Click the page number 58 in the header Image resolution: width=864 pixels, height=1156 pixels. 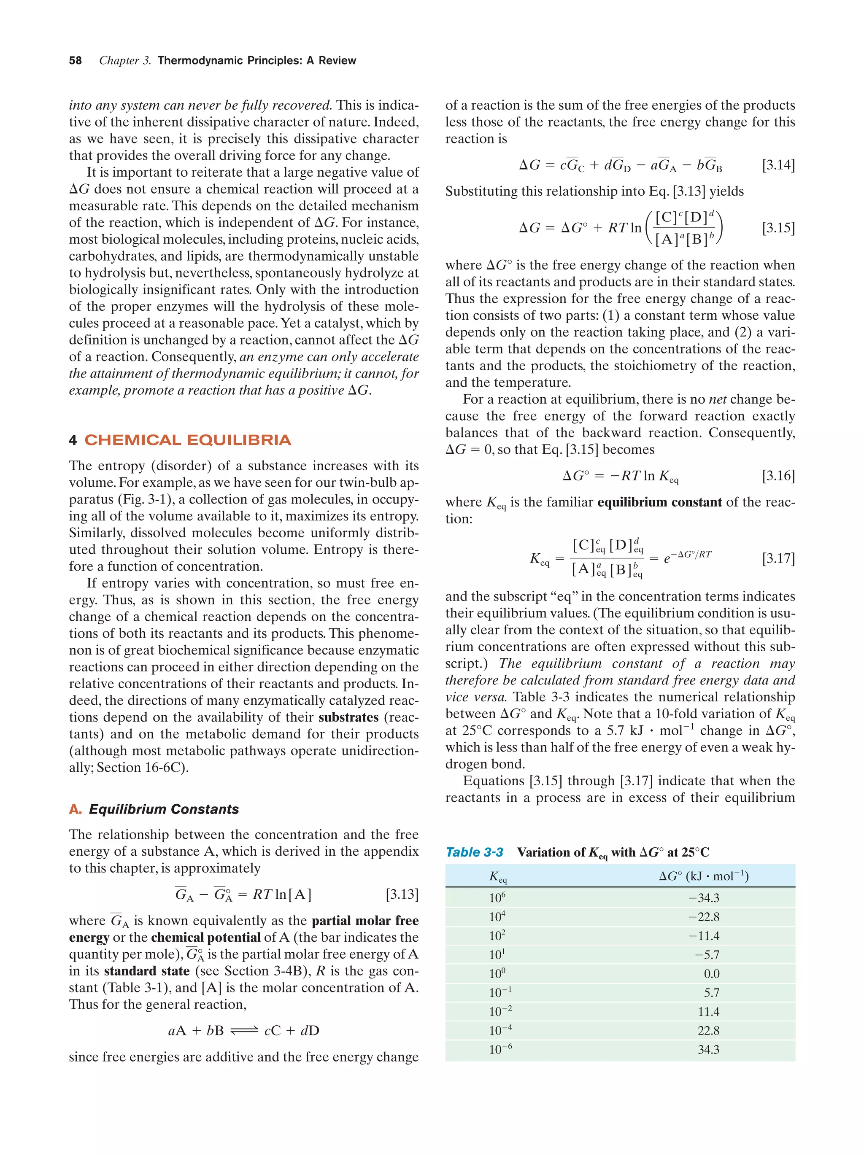pos(75,61)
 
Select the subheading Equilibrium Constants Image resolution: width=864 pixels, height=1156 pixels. pos(164,809)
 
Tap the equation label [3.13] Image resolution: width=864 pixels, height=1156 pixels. pos(402,894)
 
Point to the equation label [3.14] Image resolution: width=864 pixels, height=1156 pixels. pos(778,165)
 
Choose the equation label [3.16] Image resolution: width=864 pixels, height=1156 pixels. pos(778,476)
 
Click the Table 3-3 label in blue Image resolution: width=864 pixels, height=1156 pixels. pos(474,852)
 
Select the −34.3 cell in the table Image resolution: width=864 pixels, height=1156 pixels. pos(704,898)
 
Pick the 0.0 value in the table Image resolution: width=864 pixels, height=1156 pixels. pos(711,974)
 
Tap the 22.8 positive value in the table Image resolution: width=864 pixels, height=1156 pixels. pos(708,1031)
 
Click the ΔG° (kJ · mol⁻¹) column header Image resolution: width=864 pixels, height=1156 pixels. pos(704,876)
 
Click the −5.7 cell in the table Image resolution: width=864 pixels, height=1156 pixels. pos(707,955)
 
